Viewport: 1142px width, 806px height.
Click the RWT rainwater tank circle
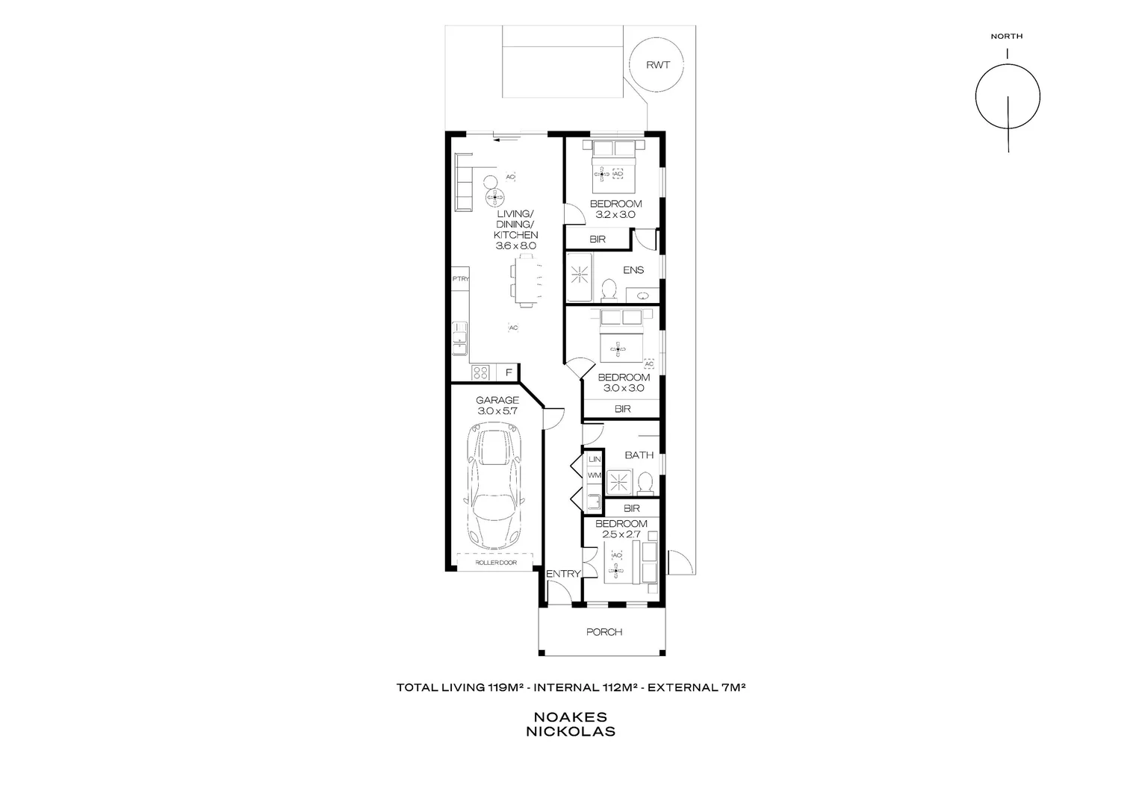[x=658, y=64]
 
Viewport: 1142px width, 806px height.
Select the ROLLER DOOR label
[x=495, y=563]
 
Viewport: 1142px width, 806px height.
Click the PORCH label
[x=603, y=632]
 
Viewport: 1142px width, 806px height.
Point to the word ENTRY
[x=562, y=574]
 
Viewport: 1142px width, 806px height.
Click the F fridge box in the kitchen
[x=509, y=372]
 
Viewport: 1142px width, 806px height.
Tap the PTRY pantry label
[x=459, y=279]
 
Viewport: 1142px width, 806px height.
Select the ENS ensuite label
[x=633, y=270]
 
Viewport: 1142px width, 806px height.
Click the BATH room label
[x=639, y=454]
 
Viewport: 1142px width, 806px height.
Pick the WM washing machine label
[x=595, y=475]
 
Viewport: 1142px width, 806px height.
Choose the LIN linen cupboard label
[x=595, y=459]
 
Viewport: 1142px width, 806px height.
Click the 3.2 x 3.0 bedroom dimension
[x=615, y=215]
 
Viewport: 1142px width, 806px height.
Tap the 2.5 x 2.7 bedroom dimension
[x=621, y=534]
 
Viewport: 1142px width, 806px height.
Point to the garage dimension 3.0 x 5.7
[x=497, y=411]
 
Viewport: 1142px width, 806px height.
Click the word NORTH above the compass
[x=1006, y=36]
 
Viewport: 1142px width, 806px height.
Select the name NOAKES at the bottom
[x=571, y=717]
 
